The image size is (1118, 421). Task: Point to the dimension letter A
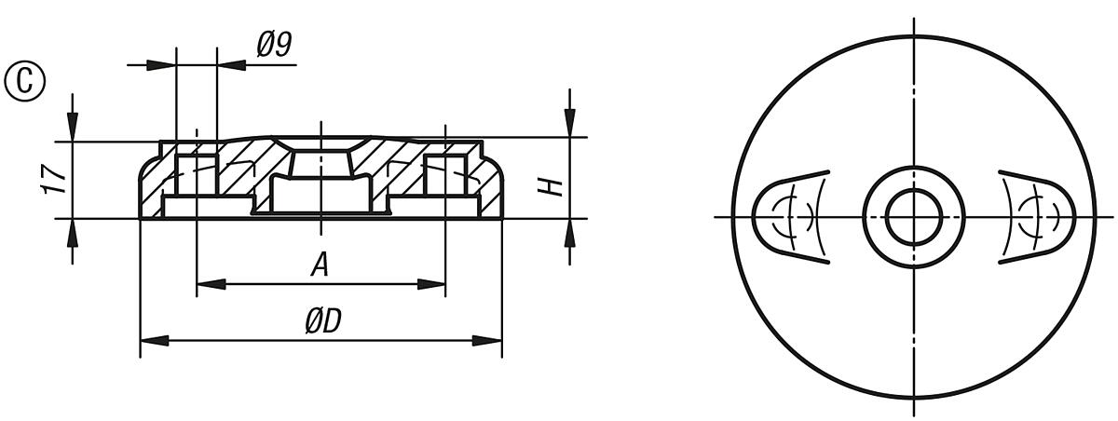coord(320,266)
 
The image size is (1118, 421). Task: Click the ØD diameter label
coord(321,322)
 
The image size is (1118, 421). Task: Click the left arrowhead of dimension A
coord(207,284)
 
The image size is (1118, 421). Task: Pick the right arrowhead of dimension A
coord(434,284)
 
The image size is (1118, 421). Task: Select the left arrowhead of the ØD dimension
coord(150,340)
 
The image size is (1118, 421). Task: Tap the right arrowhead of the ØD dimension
coord(491,340)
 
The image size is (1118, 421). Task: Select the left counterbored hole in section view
coord(196,177)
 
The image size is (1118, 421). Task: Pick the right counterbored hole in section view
coord(445,177)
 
